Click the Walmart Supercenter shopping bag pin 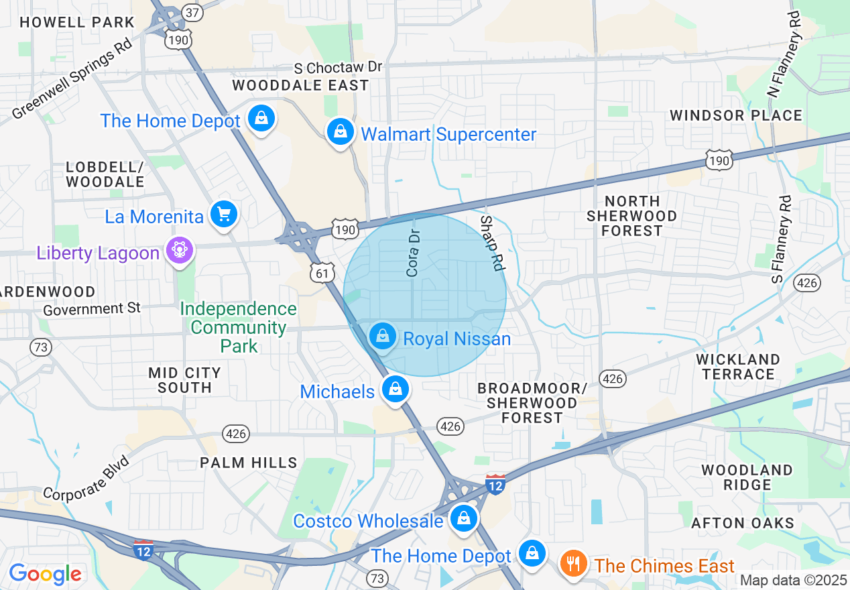341,132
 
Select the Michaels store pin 396,389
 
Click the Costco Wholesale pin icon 463,518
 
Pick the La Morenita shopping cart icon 224,215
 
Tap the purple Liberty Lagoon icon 179,251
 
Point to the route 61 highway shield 322,272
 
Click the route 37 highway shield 192,13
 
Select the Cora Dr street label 414,254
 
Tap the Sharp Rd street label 491,243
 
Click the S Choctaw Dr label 339,68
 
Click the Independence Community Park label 239,327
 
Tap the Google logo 45,574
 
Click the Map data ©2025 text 793,580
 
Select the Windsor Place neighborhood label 736,115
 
